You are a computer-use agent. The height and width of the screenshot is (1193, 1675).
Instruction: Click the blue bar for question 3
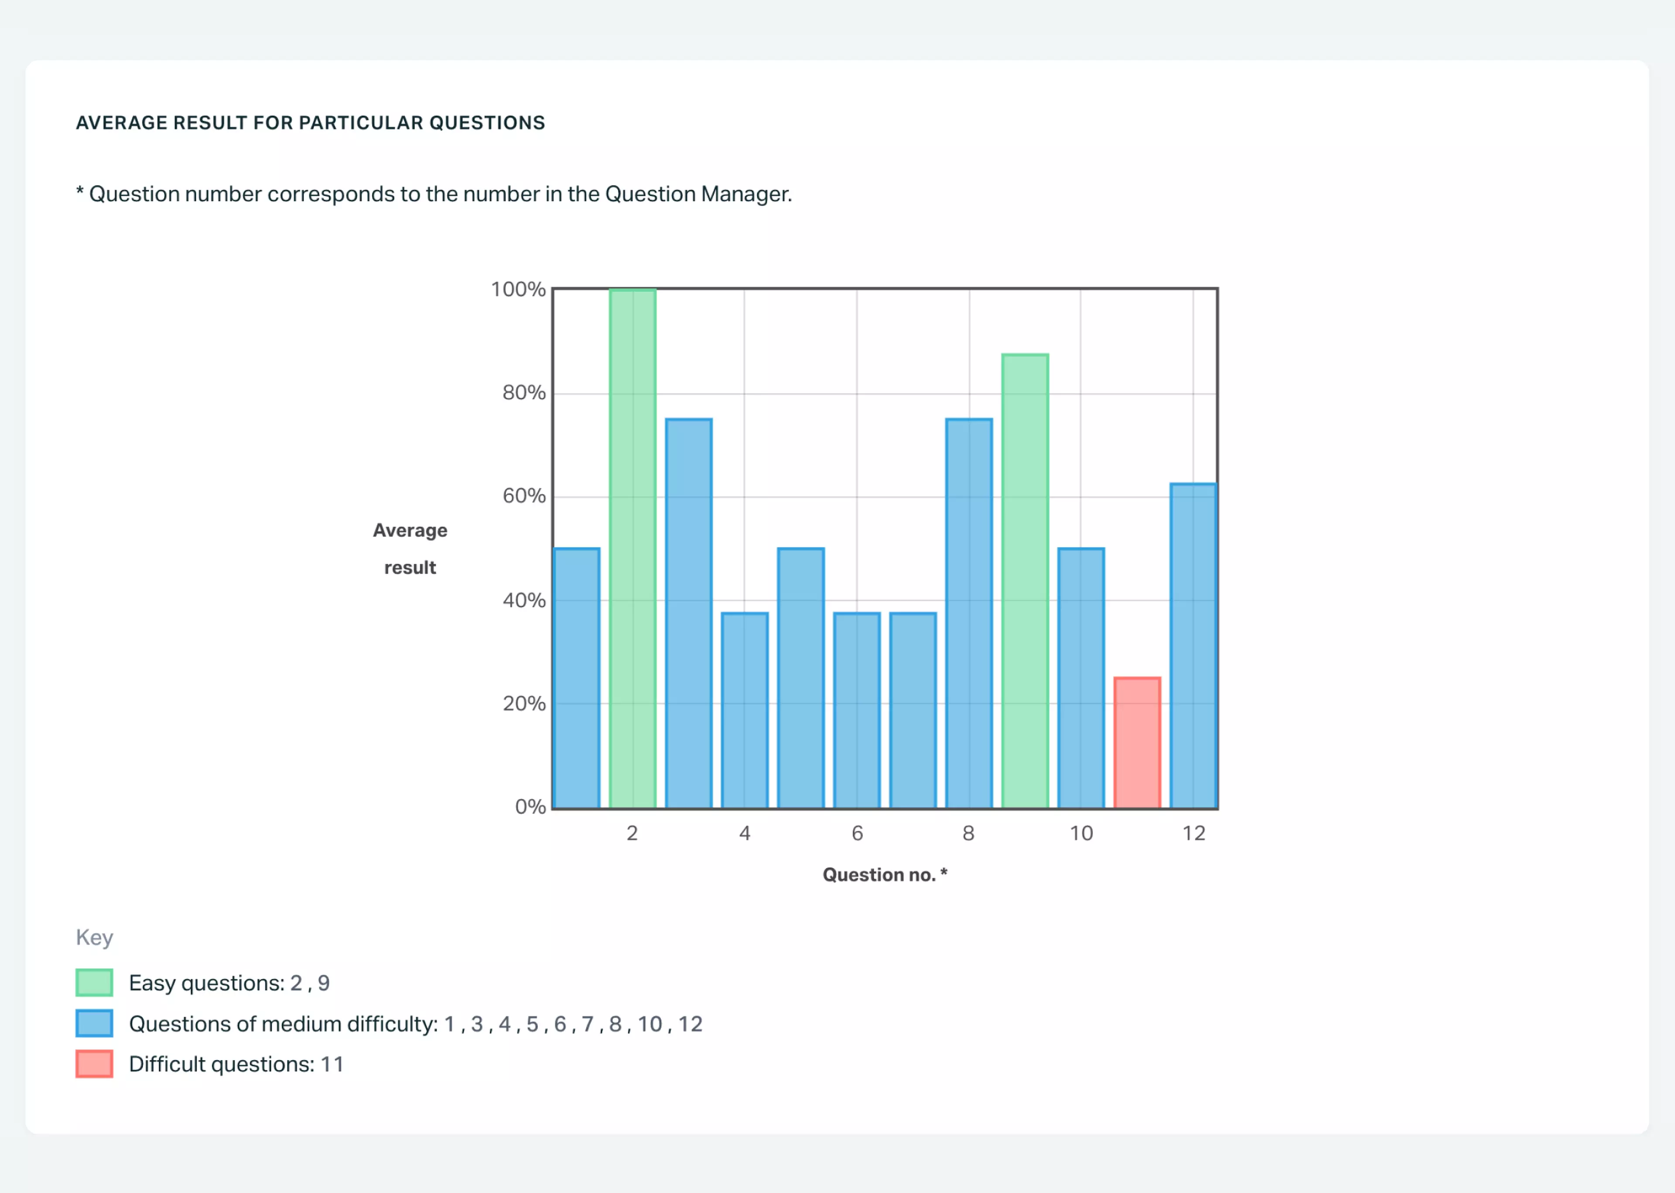689,613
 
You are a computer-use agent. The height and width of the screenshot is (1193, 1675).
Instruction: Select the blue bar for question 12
1193,645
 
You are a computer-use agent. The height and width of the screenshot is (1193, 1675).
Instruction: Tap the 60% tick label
523,496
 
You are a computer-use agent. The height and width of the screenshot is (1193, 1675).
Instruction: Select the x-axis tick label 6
857,833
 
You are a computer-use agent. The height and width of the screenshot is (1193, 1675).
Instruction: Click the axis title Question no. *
884,874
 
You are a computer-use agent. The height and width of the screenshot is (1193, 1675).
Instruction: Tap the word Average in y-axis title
410,530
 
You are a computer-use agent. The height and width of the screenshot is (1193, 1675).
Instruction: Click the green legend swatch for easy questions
94,982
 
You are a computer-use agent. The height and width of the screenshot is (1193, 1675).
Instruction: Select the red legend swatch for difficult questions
94,1064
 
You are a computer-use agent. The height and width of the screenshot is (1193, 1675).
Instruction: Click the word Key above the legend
94,937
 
